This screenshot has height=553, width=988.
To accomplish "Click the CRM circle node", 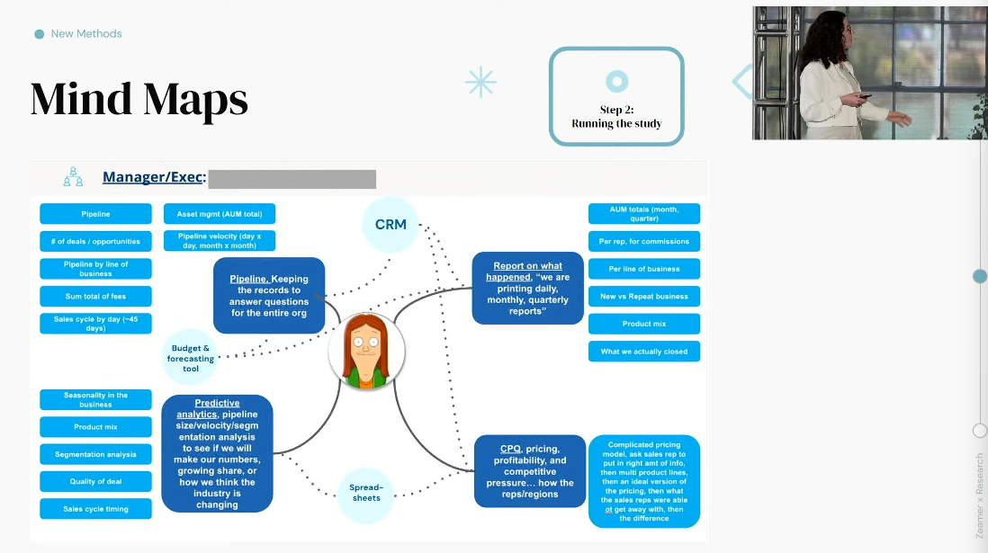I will tap(391, 224).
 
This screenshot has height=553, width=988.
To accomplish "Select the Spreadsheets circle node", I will tap(366, 493).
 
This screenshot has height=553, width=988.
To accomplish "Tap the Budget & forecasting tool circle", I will tap(191, 358).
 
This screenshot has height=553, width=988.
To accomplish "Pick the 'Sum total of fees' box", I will tap(95, 296).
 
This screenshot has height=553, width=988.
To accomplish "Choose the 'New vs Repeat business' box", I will tap(643, 296).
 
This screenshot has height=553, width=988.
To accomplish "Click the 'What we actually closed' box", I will tap(643, 352).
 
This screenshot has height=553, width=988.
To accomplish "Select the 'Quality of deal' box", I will tap(95, 482).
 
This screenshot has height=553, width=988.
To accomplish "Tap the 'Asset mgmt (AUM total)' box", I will tap(220, 214).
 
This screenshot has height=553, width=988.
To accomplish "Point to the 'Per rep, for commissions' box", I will tap(643, 241).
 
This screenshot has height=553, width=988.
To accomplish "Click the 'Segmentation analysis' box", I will tap(95, 454).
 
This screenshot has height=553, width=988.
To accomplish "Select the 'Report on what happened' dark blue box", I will tap(527, 288).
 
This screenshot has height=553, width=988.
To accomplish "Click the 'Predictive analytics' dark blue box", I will tap(217, 453).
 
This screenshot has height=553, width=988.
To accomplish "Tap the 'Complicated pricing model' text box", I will tap(643, 481).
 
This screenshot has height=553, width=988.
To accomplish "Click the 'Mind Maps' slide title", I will tap(139, 99).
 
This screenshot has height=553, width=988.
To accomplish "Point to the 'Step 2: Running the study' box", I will tap(616, 96).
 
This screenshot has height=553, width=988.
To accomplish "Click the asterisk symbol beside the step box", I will tap(481, 82).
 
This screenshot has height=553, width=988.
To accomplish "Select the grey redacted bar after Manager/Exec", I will tap(292, 178).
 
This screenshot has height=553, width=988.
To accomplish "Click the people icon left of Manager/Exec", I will tap(73, 177).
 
